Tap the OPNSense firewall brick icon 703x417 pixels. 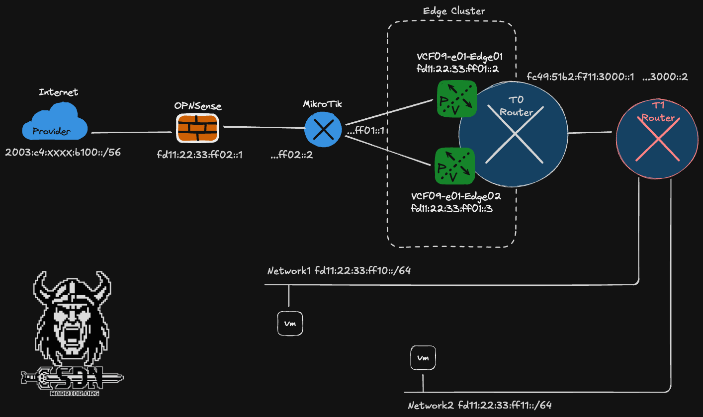(197, 128)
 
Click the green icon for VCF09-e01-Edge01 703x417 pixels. (456, 99)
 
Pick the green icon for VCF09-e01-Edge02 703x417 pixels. (455, 166)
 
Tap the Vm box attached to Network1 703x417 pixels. (289, 324)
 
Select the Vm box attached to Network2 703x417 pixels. (423, 358)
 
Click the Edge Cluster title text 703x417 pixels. (453, 10)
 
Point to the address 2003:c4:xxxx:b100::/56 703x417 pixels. (63, 153)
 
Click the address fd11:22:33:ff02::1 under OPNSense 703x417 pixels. (199, 155)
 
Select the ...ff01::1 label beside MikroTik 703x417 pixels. (367, 131)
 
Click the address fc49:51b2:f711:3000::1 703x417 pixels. (580, 78)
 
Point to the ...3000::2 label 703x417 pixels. (665, 78)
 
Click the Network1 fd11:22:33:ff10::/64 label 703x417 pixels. (339, 271)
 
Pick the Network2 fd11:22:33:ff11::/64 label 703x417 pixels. (480, 406)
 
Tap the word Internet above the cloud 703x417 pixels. (58, 92)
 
